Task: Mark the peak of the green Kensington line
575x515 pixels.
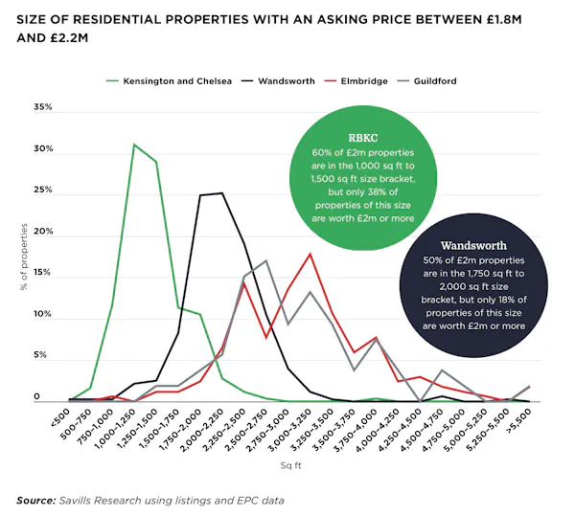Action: coord(134,145)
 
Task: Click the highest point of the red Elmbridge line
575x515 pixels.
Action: coord(310,254)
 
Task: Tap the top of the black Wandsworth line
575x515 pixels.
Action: coord(222,193)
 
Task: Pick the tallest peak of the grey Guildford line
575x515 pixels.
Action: coord(265,260)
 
